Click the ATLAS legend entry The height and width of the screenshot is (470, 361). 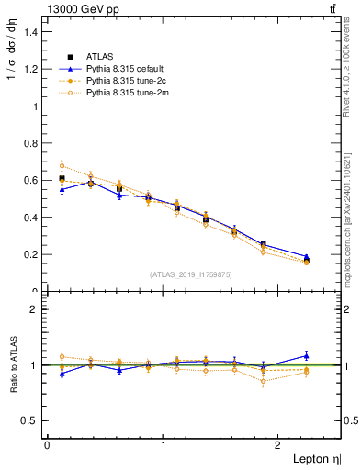coord(99,57)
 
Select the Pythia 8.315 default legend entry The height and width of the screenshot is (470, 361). coord(121,69)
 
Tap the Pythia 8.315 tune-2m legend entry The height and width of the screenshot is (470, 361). coord(121,93)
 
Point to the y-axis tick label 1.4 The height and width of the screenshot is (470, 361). coord(30,32)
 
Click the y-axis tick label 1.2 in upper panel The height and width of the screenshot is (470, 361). coord(30,69)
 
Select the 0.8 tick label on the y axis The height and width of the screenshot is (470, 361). coord(30,143)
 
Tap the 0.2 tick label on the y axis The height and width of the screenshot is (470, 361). coord(30,254)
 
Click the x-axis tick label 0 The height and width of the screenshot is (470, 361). coord(47,445)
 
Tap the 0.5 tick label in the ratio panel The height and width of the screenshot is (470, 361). coord(30,420)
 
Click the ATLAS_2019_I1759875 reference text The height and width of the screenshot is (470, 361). coord(190,274)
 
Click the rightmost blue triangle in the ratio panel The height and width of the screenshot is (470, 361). coord(307,355)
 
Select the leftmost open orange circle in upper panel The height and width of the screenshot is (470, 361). coord(62,166)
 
